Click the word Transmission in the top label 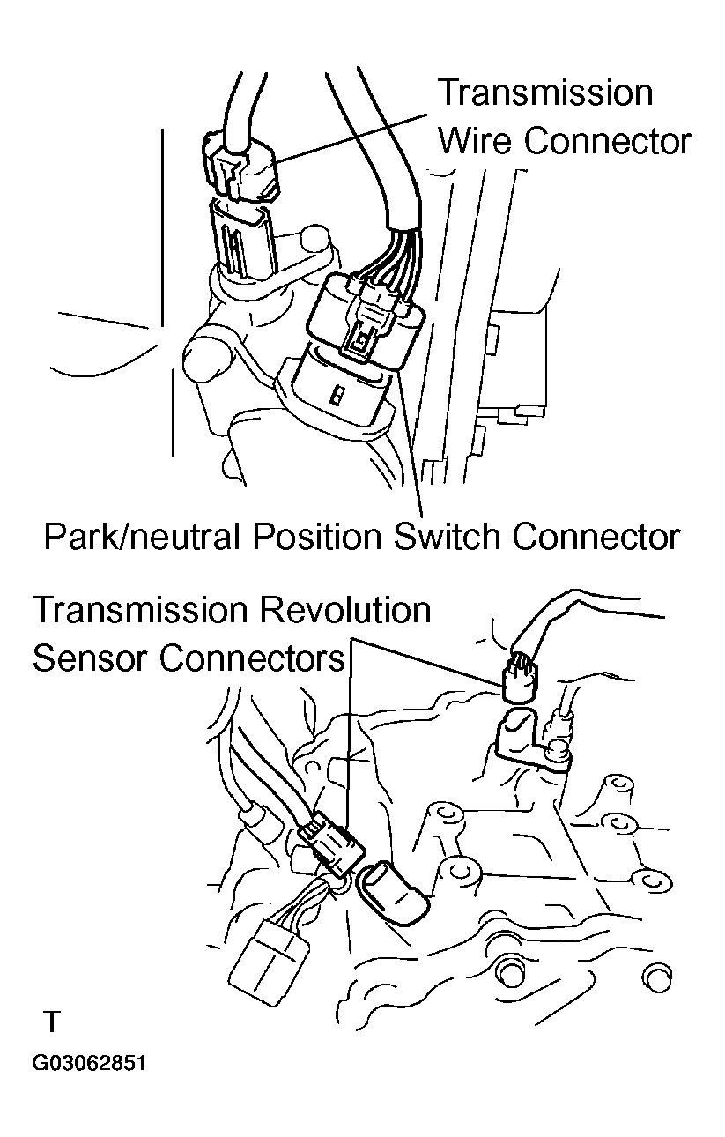(545, 93)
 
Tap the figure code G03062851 (89, 1064)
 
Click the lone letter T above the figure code (53, 1022)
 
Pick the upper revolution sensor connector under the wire (519, 679)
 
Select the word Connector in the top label (608, 141)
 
